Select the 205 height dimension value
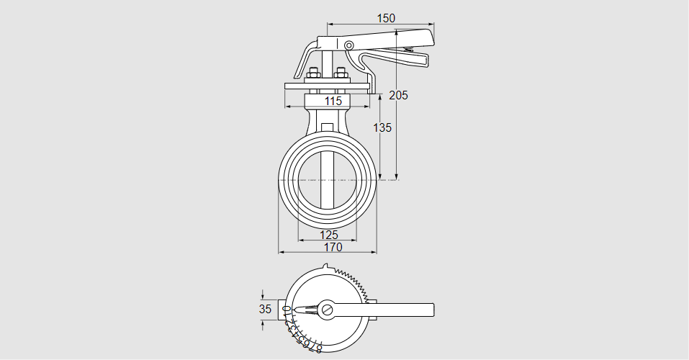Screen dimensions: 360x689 (398, 95)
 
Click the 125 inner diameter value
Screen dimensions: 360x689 (328, 235)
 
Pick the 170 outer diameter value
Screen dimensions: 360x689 (333, 247)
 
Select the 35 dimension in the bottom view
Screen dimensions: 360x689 (265, 309)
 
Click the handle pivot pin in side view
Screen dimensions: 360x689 (349, 46)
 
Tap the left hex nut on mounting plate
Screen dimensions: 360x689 (314, 73)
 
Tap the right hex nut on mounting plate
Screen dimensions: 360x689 (341, 73)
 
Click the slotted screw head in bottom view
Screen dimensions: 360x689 (328, 310)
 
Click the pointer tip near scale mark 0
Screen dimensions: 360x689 (294, 310)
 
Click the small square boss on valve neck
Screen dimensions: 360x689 (328, 129)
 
